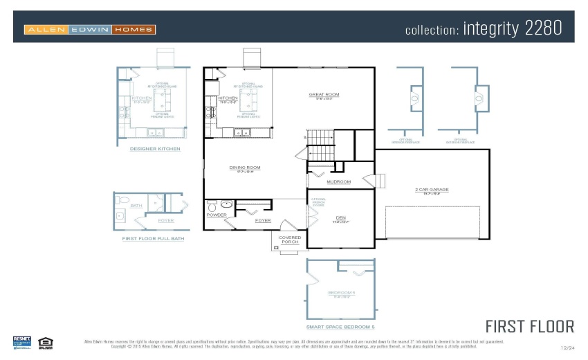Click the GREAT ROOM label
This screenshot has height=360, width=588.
coord(324,94)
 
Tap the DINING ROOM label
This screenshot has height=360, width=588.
coord(245,168)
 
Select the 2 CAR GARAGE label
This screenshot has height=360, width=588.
coord(432,189)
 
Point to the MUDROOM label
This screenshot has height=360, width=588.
coord(338,182)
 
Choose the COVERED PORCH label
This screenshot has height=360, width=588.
coord(290,240)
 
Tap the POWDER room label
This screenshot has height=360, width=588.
coord(217,215)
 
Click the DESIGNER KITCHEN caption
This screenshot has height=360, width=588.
coord(155,149)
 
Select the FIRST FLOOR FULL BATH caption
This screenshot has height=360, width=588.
coord(153,238)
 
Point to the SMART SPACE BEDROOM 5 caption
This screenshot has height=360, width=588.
coord(340,326)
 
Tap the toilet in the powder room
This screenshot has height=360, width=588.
coord(212,206)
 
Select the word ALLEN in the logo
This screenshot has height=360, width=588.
coord(46,30)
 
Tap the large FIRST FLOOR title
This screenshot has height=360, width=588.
coord(529,326)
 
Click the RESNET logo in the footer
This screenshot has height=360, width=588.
coord(22,343)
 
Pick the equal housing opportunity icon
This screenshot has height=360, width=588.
coord(46,342)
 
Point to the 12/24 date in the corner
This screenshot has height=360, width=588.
coord(567,348)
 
